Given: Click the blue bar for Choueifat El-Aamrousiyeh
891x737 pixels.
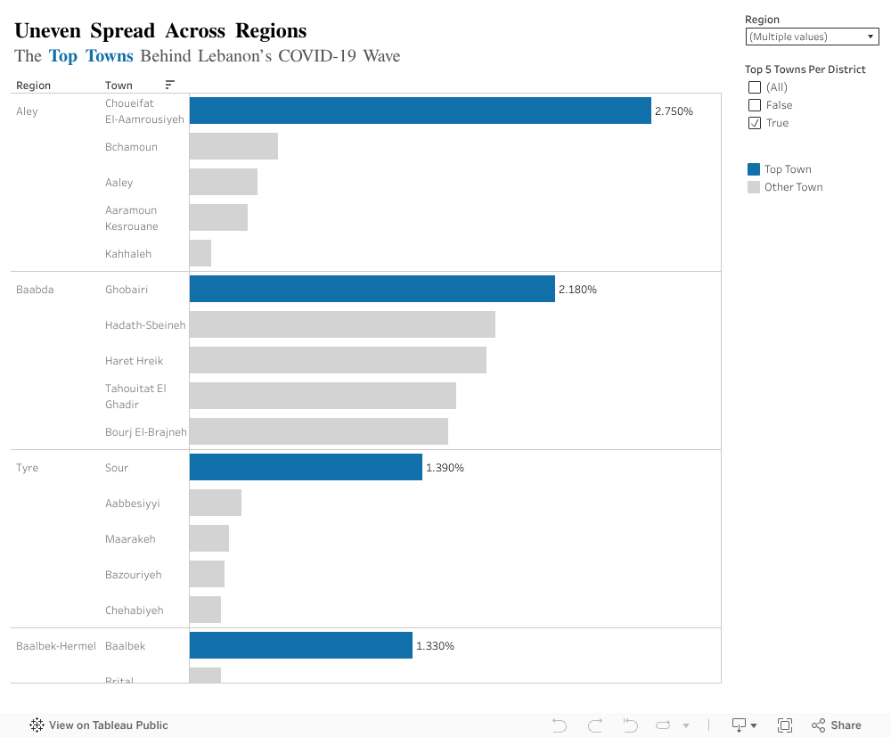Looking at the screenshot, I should point(420,111).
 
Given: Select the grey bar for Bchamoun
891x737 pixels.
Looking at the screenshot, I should point(233,146).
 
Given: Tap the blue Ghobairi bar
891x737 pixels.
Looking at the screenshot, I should point(372,289).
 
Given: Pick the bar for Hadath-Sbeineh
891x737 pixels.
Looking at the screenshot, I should point(342,324).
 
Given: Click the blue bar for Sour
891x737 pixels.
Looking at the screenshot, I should point(306,467).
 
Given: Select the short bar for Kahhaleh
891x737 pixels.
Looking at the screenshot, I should point(200,253).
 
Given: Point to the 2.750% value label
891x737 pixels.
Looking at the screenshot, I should point(674,111).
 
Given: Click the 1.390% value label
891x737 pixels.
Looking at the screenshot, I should point(445,468).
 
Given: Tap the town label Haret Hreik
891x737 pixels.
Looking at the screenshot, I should point(134,361).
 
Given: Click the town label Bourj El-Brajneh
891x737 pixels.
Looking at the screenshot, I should point(145,432).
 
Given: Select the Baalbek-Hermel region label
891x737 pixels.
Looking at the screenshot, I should point(55,646).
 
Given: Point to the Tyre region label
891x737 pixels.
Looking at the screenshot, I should point(27,468).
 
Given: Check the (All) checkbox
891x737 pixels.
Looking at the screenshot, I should point(755,87).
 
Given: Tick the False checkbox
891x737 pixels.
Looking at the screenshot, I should point(755,105).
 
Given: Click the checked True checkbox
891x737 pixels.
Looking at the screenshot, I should point(755,123).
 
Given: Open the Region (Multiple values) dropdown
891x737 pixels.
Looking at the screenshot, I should point(812,37).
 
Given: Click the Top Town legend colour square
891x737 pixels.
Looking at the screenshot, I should point(754,169).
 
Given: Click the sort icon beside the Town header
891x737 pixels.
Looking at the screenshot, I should point(169,85).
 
